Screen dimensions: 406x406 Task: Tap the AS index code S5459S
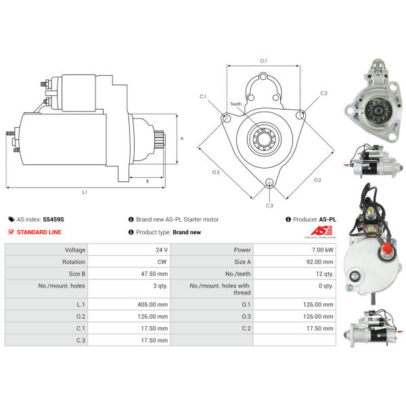point(53,219)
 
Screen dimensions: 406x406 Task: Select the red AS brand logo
point(314,231)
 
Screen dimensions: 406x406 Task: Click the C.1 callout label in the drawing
point(202,97)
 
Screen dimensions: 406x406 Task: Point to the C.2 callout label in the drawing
point(323,93)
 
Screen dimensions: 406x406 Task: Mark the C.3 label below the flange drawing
point(269,204)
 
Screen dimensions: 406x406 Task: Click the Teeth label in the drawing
point(235,104)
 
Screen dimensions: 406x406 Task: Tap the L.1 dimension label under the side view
point(85,193)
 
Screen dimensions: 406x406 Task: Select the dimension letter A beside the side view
point(182,138)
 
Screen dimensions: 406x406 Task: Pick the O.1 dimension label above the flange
point(263,61)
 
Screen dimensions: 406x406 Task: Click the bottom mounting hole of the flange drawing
point(269,183)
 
